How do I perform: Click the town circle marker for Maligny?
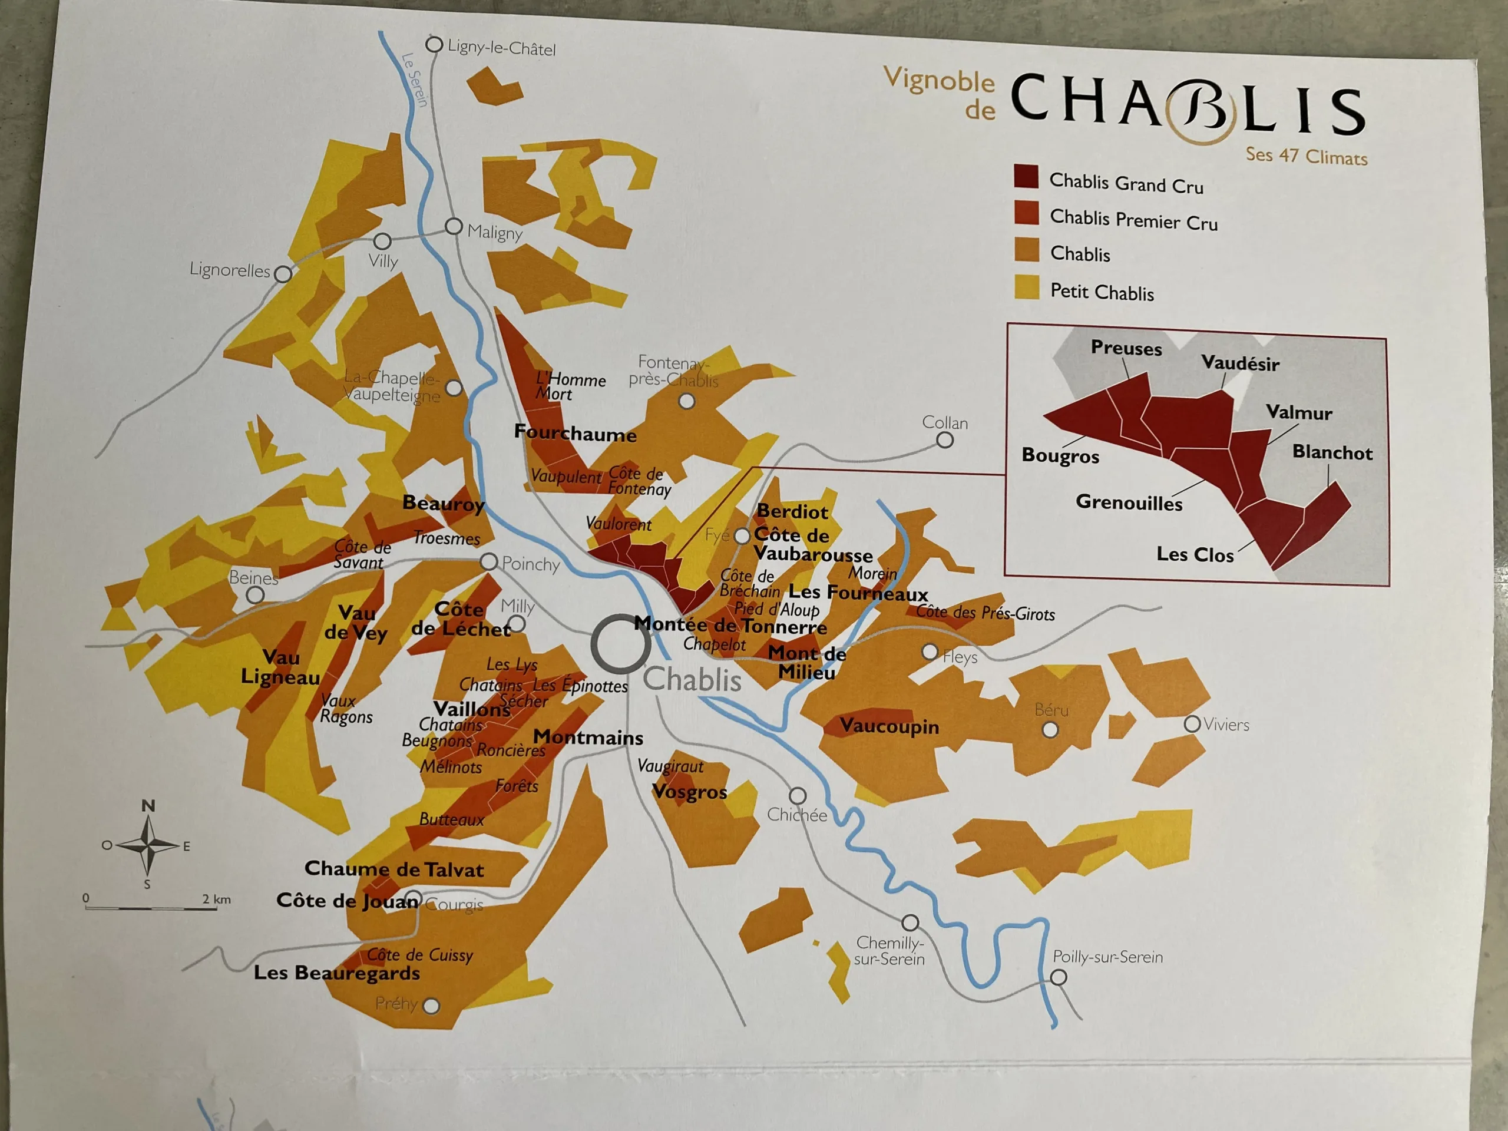[454, 226]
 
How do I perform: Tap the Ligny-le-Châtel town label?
[501, 48]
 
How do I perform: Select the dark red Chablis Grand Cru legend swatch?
[1026, 176]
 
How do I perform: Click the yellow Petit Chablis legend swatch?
[1027, 287]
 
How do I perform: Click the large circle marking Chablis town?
[620, 644]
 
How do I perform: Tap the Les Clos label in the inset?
[1195, 554]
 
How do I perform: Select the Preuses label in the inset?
[1126, 348]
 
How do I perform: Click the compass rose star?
[148, 845]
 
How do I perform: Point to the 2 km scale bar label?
[216, 899]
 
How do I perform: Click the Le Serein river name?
[415, 80]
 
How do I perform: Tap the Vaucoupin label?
[889, 726]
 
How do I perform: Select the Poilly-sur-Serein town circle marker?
[1058, 977]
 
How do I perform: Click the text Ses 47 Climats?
[1306, 156]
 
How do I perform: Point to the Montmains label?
[588, 738]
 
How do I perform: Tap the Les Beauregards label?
[337, 973]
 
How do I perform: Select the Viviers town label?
[1226, 725]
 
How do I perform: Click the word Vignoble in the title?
[939, 80]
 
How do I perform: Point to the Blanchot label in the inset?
[1332, 452]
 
